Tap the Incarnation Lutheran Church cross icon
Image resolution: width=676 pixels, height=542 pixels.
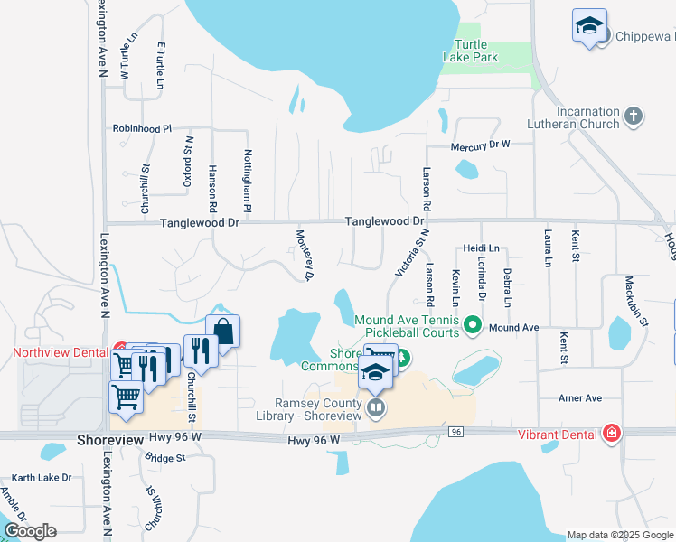(634, 117)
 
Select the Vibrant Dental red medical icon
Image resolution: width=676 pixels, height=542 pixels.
(614, 434)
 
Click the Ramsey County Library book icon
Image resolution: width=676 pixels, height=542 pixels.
(375, 409)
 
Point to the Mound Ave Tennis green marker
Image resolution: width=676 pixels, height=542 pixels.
(471, 323)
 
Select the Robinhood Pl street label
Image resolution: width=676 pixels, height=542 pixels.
(142, 129)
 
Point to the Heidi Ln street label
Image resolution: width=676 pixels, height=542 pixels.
(481, 248)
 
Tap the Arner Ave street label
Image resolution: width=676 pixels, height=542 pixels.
(580, 398)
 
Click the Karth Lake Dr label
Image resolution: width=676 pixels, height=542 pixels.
(42, 477)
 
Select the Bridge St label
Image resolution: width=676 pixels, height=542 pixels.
(164, 458)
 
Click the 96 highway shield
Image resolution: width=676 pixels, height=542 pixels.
(456, 433)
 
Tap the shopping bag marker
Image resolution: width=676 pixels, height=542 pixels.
(222, 331)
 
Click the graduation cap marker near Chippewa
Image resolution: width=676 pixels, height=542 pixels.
(589, 26)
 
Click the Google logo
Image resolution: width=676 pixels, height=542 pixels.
(31, 531)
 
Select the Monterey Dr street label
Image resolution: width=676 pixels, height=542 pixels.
(305, 254)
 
